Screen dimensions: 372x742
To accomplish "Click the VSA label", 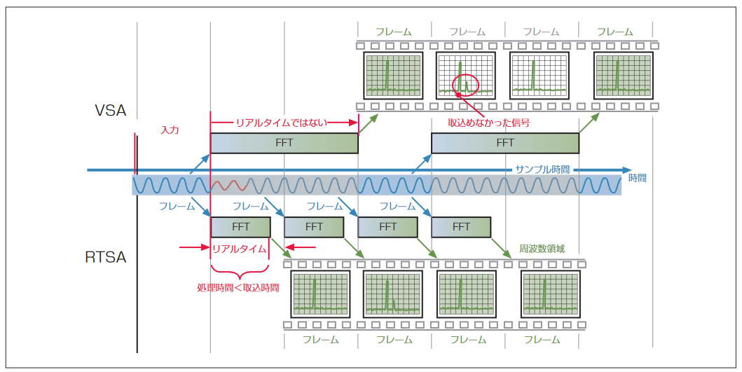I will click(111, 110).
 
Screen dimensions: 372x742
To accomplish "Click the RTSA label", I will click(106, 256).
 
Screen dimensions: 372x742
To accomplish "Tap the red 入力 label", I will click(170, 130).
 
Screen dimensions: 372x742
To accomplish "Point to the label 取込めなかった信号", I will click(488, 122).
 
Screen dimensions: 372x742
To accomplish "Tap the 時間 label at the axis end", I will click(637, 178).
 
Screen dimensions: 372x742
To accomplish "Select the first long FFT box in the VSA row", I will click(284, 143).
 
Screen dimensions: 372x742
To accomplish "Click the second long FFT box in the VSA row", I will click(504, 143).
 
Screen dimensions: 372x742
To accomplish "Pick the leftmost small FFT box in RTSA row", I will click(240, 227).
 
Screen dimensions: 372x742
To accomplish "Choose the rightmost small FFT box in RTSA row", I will click(460, 227).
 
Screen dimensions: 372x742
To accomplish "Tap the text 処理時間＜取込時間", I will click(238, 287).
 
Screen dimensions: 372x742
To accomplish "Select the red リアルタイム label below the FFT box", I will click(238, 248).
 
